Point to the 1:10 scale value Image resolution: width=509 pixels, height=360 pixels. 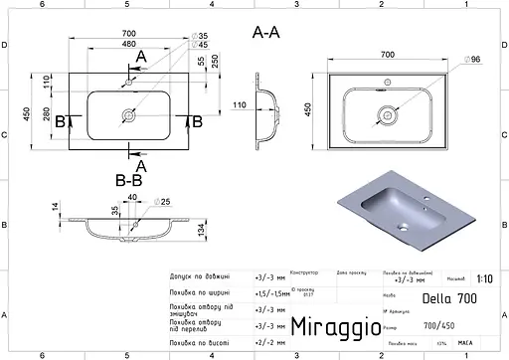click(x=482, y=281)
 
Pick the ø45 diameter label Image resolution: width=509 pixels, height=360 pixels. click(x=202, y=45)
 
